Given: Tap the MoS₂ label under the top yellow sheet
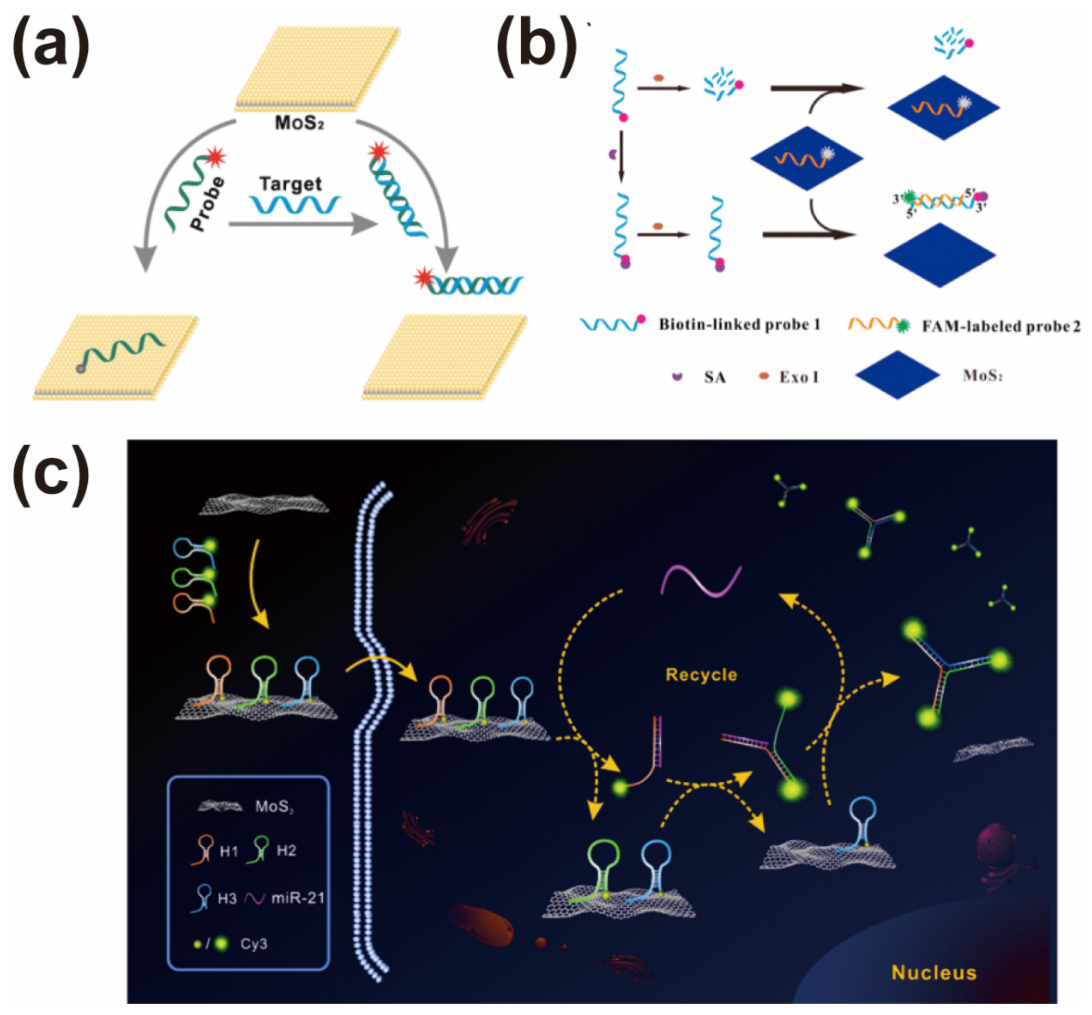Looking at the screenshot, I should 299,123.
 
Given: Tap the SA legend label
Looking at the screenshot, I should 715,377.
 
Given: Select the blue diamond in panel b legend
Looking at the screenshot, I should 897,375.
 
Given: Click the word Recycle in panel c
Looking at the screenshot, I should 701,675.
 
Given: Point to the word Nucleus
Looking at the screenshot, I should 934,973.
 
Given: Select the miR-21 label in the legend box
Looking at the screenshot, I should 298,898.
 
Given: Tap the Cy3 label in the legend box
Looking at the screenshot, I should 254,944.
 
